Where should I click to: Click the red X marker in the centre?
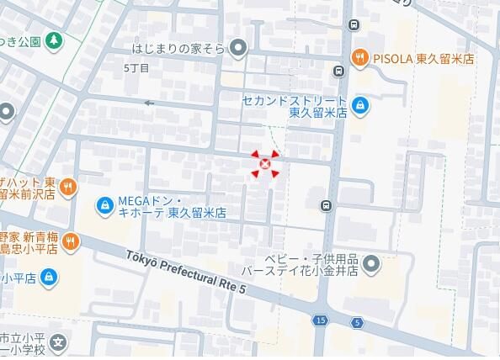(x=266, y=165)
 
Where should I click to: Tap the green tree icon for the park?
(x=54, y=40)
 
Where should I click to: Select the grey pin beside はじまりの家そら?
(x=239, y=49)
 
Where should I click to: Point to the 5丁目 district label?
(x=136, y=67)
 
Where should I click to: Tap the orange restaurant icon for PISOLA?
(x=359, y=58)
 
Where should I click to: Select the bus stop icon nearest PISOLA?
(x=338, y=71)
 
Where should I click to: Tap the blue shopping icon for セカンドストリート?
(x=360, y=105)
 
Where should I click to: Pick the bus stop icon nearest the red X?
(x=326, y=205)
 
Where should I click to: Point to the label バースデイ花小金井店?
(x=300, y=271)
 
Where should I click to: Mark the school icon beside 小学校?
(x=57, y=343)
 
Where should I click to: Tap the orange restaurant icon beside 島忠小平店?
(x=70, y=242)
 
